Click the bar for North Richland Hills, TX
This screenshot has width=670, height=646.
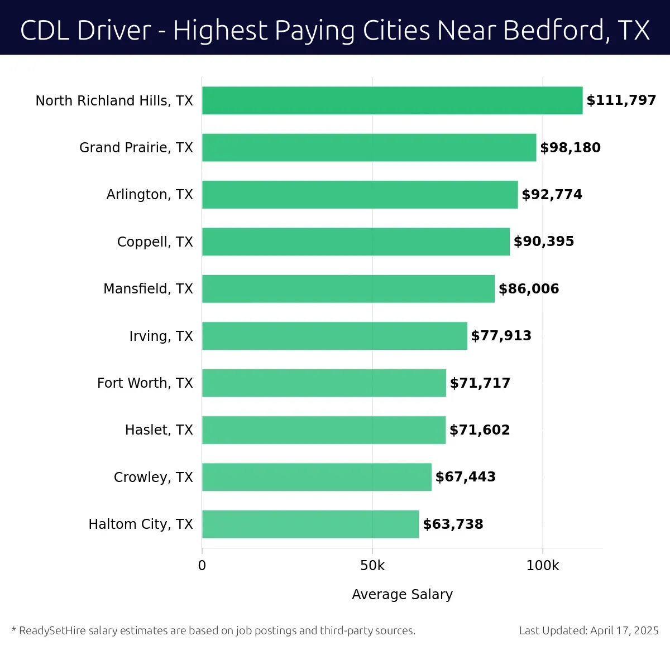[392, 100]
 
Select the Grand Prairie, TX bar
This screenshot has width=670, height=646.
[368, 147]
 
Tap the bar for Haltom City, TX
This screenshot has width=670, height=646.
[310, 524]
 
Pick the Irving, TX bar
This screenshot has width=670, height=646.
[334, 336]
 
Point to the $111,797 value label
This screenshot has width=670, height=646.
[621, 100]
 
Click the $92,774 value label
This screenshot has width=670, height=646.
[552, 195]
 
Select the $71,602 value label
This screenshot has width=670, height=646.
[480, 430]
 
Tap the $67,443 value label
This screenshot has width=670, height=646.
[466, 477]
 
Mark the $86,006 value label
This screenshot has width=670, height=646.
[529, 289]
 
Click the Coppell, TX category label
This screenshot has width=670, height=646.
[155, 242]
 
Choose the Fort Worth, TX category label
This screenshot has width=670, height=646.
[145, 383]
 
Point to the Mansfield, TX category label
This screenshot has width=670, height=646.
[148, 289]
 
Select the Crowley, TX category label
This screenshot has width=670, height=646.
[153, 478]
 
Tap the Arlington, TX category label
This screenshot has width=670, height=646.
[150, 195]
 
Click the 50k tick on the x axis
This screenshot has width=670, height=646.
[372, 566]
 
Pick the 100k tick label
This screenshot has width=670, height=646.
[543, 566]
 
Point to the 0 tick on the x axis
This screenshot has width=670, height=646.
[202, 566]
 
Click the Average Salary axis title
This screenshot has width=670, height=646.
[402, 595]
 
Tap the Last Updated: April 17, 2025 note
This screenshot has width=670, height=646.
[588, 630]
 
